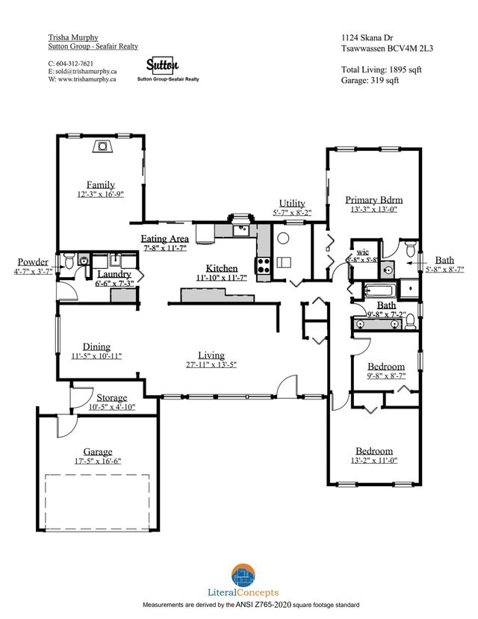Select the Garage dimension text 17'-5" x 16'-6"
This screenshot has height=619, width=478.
[98, 462]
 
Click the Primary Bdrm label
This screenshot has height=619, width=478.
[374, 200]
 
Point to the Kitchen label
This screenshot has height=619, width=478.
[222, 268]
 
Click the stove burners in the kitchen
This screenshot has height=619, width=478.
[264, 263]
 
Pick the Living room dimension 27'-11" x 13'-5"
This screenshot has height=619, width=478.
[211, 365]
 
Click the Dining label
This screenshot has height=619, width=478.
[96, 346]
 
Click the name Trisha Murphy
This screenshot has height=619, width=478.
[73, 36]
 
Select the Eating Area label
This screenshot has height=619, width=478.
[165, 238]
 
